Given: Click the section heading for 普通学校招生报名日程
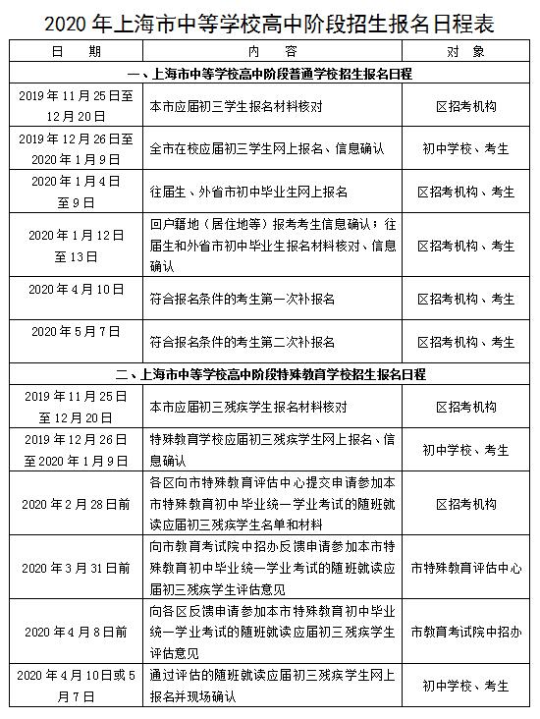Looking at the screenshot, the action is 270,74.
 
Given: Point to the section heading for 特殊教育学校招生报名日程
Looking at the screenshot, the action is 270,374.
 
